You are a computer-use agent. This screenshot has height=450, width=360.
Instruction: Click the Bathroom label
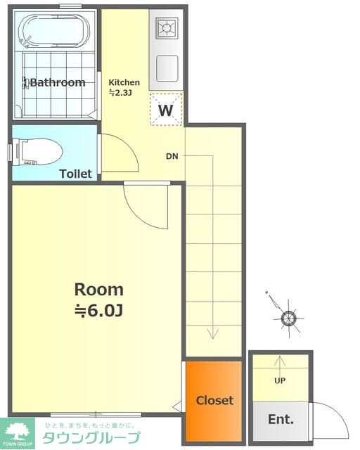tap(58, 83)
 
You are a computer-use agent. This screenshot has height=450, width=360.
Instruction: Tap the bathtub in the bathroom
tap(54, 31)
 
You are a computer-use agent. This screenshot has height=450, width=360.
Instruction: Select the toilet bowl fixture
tap(38, 152)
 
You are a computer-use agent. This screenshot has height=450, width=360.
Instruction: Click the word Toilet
tap(75, 174)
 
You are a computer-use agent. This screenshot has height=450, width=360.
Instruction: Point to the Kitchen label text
tap(124, 82)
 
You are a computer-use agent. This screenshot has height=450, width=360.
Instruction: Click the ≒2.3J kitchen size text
tap(120, 92)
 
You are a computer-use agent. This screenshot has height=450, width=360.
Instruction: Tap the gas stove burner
tap(167, 28)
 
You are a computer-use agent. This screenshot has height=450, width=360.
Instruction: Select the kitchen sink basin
tap(167, 69)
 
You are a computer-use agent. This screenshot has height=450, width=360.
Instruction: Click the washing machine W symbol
tap(166, 110)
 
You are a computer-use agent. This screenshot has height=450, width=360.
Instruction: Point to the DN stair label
tap(172, 156)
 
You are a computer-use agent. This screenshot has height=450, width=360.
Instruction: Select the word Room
tap(99, 290)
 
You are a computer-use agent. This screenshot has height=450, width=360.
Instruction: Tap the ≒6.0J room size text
tap(99, 311)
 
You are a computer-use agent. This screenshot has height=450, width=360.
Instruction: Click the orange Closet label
tap(214, 400)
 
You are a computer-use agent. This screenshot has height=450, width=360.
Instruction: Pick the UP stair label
tap(280, 380)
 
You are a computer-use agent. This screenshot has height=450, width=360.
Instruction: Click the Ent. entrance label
tap(281, 419)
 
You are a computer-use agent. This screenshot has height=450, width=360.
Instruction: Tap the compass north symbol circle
tap(288, 319)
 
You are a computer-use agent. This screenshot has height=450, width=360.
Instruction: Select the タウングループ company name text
tap(91, 437)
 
